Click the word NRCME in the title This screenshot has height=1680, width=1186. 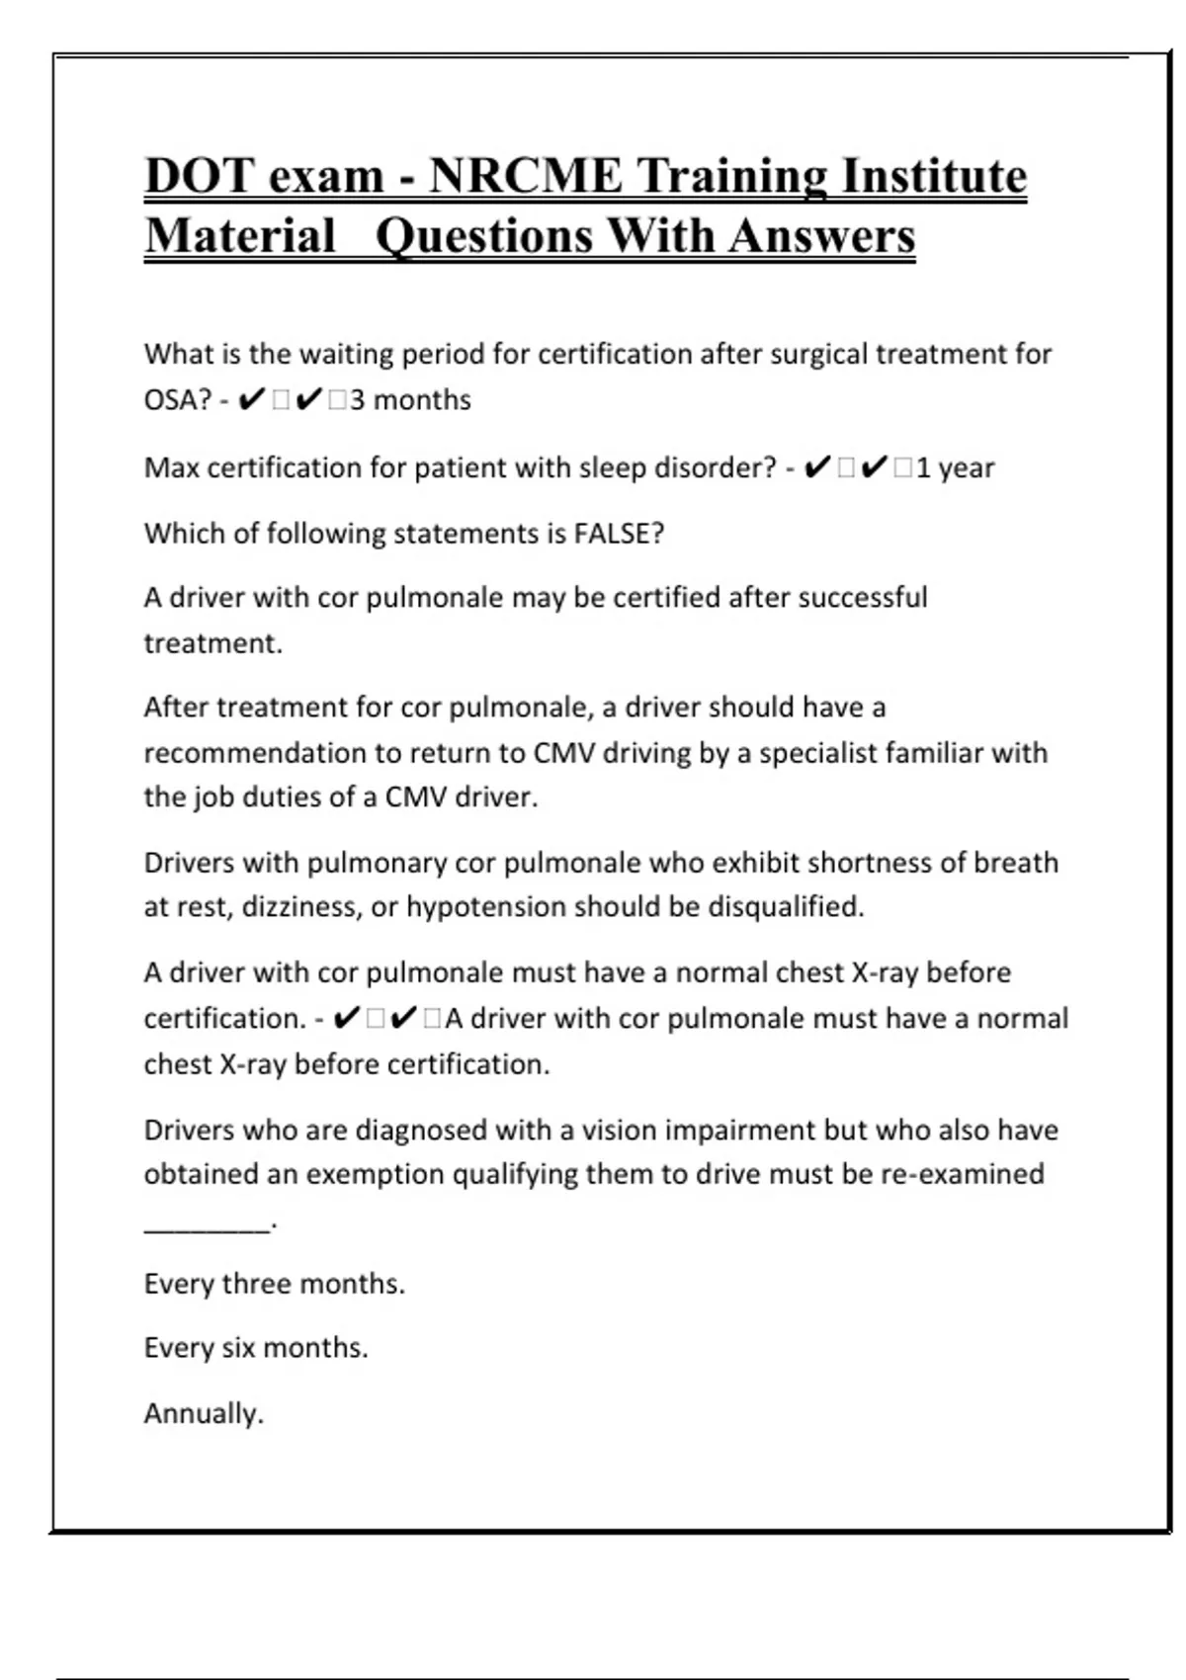pos(525,176)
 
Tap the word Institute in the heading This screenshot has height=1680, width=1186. pos(934,176)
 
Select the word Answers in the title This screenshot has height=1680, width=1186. pos(821,236)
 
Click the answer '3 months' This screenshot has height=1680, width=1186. pos(410,400)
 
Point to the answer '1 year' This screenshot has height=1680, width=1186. pos(955,467)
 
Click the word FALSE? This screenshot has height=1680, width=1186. pos(619,534)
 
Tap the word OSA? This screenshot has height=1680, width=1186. pos(178,400)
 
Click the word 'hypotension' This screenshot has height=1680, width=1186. pos(486,907)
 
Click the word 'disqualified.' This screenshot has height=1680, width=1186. pos(786,907)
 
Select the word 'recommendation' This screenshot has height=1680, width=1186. pos(254,753)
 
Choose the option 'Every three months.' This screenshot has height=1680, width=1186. pos(274,1284)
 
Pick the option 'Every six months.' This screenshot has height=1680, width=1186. pos(255,1348)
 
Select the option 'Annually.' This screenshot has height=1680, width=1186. pos(204,1413)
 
